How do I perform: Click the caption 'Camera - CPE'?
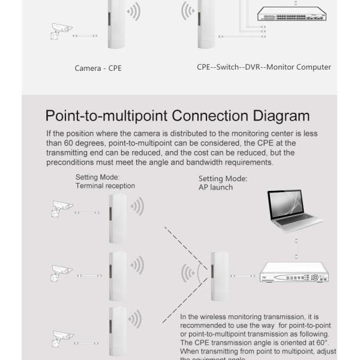tap(98, 68)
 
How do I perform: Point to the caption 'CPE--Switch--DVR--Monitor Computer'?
tap(264, 67)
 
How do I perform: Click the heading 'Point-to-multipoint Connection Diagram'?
tap(178, 115)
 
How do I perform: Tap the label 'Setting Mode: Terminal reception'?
tap(105, 181)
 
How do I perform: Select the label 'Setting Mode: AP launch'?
tap(223, 182)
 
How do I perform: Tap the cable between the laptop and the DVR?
tap(295, 245)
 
